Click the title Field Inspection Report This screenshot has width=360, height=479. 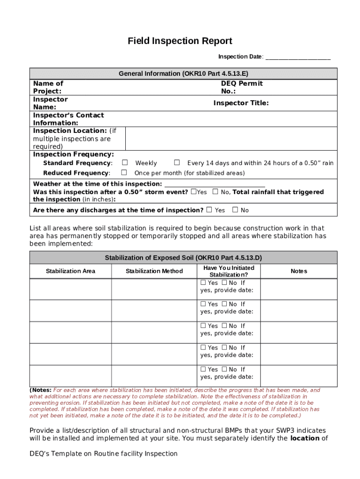[180, 41]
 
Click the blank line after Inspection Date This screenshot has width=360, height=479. [298, 57]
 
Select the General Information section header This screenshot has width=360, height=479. [183, 73]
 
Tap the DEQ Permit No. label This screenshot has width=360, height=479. [242, 87]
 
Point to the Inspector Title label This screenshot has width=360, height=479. [241, 103]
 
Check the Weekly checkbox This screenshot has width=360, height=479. [125, 163]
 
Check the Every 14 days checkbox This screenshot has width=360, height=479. [177, 163]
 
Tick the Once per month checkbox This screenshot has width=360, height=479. [125, 173]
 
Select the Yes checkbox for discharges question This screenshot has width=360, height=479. [209, 210]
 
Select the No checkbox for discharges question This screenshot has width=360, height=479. [235, 210]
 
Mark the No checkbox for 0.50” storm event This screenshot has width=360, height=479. [215, 192]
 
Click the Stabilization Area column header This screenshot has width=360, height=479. [71, 271]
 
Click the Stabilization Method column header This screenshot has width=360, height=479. [154, 271]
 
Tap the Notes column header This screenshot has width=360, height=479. [298, 271]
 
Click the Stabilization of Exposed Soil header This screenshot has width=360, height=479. [183, 258]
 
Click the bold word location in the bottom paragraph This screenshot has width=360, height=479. [304, 438]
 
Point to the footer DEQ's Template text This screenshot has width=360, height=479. [103, 453]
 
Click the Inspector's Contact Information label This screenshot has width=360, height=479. [68, 119]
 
